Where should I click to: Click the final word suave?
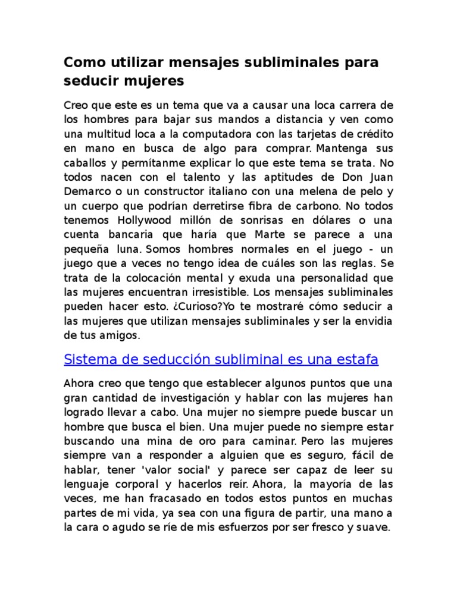pyautogui.click(x=373, y=527)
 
